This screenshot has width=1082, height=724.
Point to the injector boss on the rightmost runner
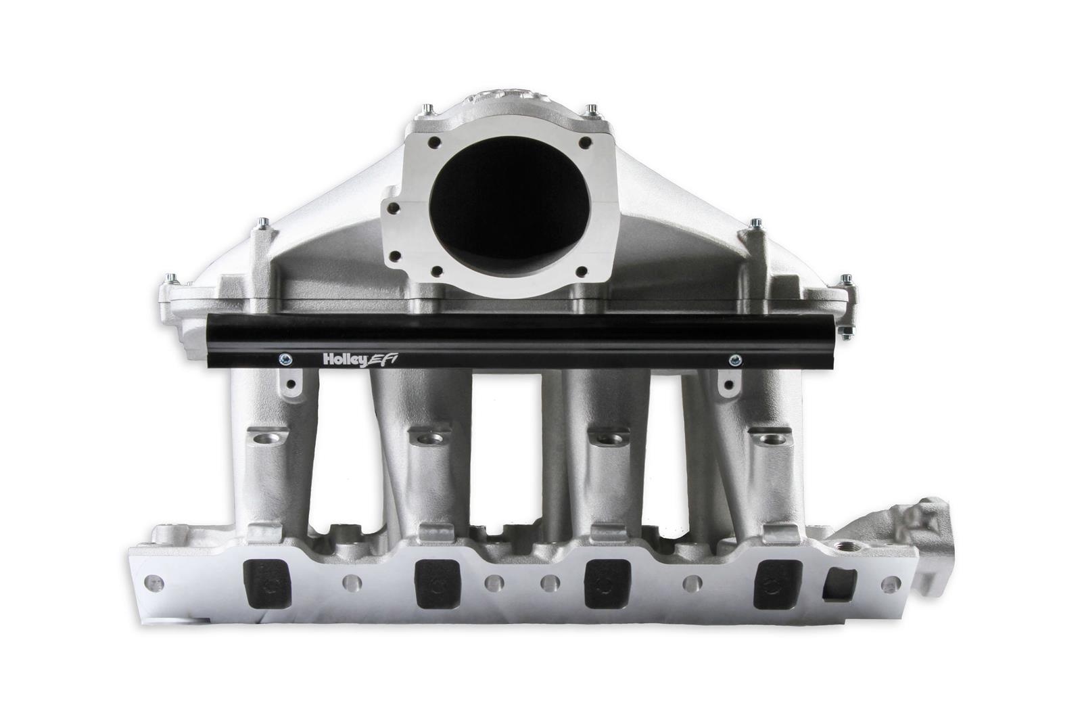[x=771, y=439]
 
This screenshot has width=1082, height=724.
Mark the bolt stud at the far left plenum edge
[x=169, y=277]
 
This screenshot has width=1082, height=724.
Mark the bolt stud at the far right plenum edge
[x=845, y=281]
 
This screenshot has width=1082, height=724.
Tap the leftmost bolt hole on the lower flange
[x=155, y=581]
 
